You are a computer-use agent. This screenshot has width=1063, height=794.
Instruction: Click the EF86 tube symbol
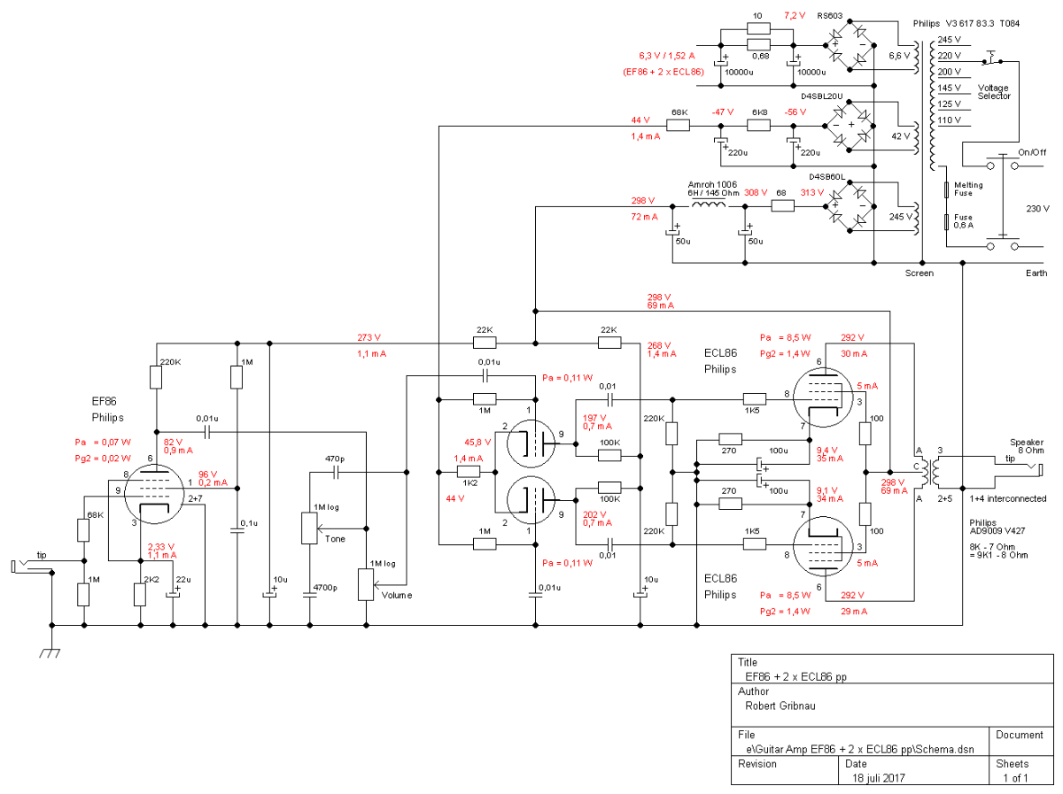click(154, 494)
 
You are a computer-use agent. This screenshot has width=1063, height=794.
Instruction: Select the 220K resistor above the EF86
click(155, 377)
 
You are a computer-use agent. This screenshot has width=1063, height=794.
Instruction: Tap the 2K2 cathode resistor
click(140, 594)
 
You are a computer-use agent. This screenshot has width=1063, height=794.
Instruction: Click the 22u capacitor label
click(183, 579)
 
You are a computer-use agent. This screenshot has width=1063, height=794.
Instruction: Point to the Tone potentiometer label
click(335, 538)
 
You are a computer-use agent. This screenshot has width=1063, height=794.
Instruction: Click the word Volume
click(397, 595)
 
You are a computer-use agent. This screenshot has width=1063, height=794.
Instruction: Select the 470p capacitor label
click(335, 459)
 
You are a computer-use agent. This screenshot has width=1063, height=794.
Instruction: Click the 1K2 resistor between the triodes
click(469, 472)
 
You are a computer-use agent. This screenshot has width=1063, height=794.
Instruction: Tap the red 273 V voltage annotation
click(369, 337)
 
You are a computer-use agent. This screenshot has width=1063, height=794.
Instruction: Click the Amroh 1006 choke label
click(712, 184)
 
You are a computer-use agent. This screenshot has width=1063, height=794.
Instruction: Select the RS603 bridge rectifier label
click(829, 15)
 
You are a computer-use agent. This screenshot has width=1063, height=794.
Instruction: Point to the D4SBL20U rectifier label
click(822, 96)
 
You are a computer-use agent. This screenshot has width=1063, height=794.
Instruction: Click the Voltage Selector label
click(994, 92)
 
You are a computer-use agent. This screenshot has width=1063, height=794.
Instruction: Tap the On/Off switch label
click(1032, 152)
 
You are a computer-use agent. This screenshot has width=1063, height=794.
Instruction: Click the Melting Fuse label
click(968, 189)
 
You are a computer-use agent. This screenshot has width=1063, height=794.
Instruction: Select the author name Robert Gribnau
click(780, 705)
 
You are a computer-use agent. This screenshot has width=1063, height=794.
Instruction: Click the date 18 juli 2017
click(879, 778)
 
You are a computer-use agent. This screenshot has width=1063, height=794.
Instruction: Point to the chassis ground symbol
click(50, 652)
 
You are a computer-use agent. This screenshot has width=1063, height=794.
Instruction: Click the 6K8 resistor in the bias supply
click(758, 126)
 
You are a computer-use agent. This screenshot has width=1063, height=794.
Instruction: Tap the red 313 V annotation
click(811, 192)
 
